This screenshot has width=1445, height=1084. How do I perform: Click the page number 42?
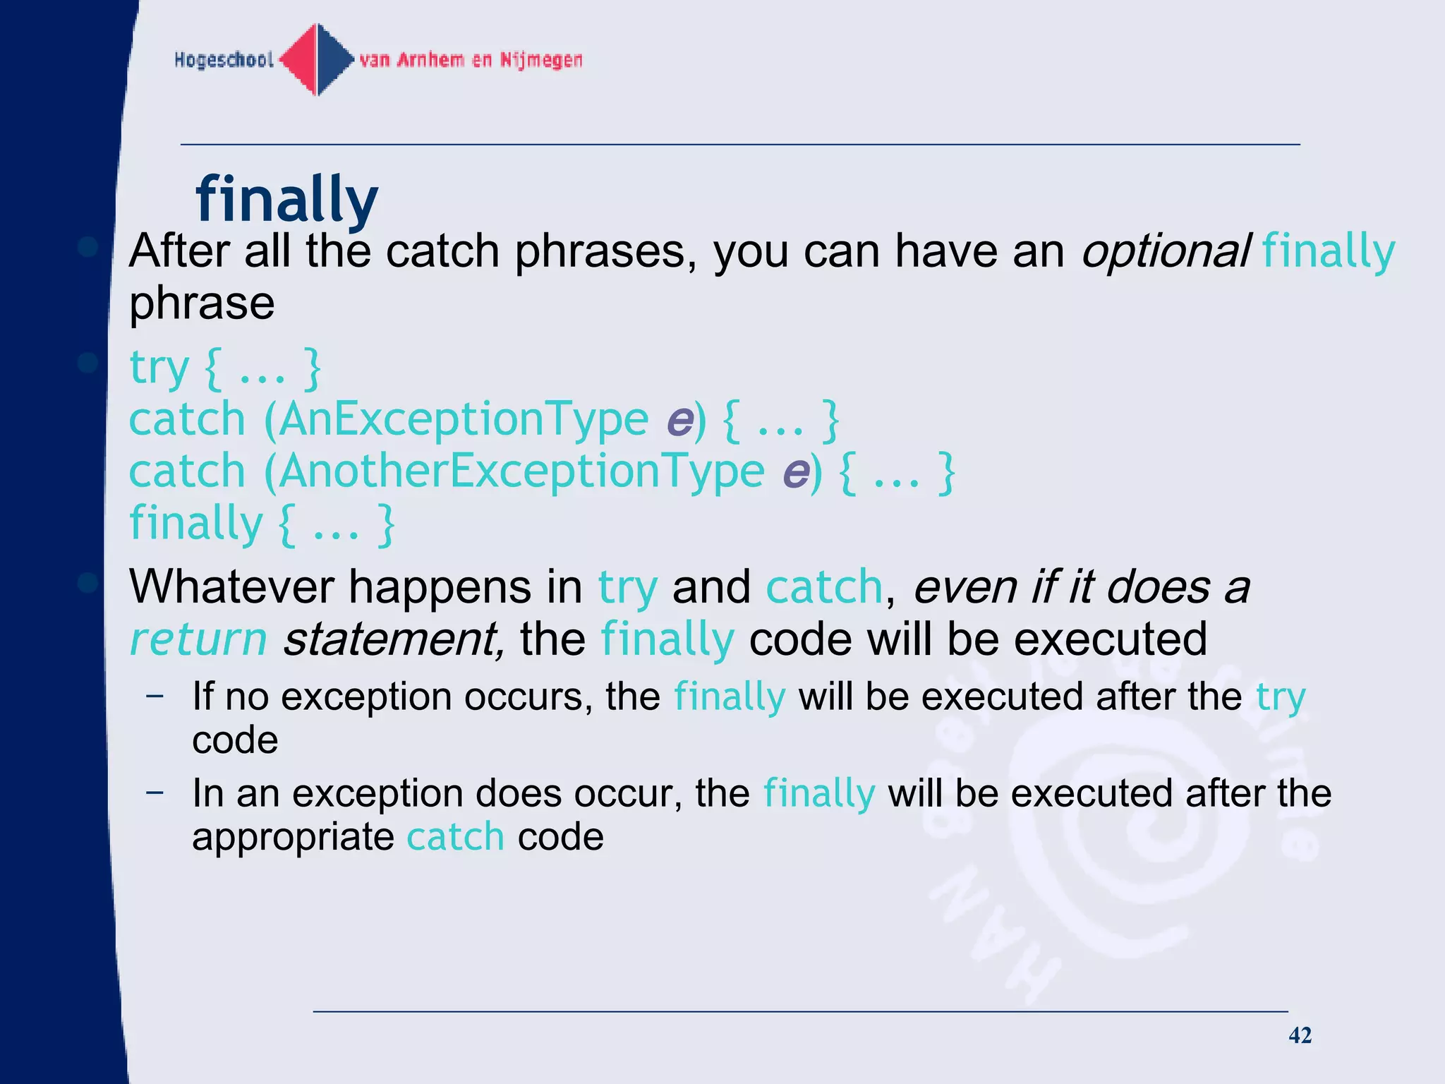[1300, 1035]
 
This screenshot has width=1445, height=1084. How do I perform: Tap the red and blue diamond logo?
[317, 60]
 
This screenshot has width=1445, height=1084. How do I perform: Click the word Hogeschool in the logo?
[224, 60]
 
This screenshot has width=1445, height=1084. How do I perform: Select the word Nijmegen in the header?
[541, 60]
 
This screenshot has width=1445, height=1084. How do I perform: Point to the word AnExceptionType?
[464, 419]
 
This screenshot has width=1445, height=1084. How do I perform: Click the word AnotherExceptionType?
[522, 471]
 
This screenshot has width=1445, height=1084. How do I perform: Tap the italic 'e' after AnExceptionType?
[679, 421]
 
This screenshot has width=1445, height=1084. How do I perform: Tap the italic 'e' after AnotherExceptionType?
[796, 473]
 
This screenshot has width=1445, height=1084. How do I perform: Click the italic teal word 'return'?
[198, 639]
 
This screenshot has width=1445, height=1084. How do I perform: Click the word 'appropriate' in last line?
[292, 837]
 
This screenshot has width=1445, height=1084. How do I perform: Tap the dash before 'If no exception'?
[155, 696]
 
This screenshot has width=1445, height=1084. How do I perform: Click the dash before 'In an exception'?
[155, 793]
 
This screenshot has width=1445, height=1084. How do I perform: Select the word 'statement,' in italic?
[394, 639]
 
